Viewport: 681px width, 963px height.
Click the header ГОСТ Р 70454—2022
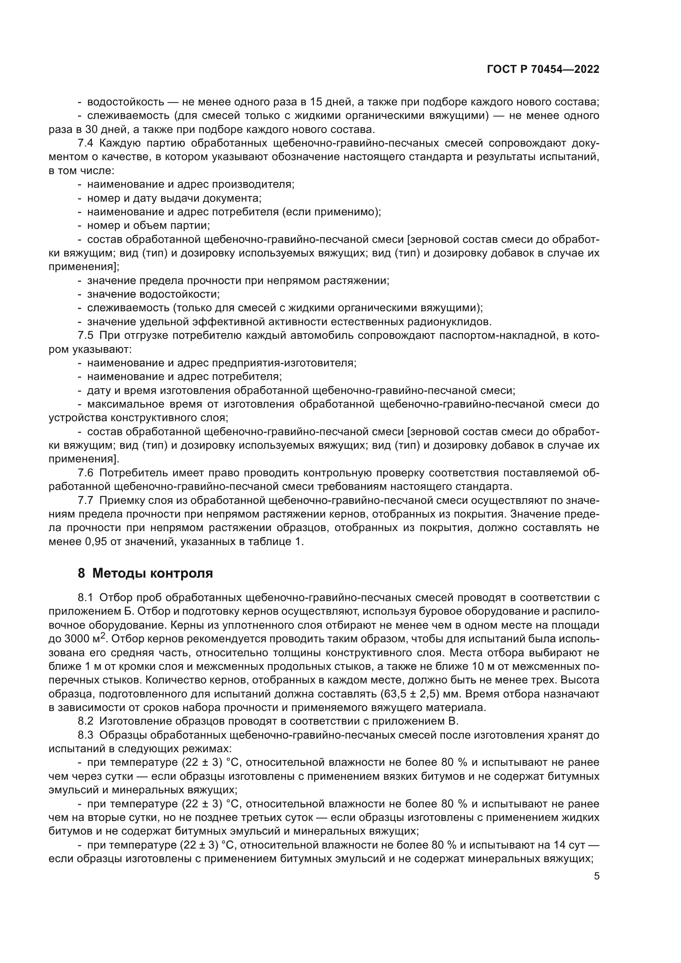coord(543,70)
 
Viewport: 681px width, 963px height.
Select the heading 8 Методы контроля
coord(145,573)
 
